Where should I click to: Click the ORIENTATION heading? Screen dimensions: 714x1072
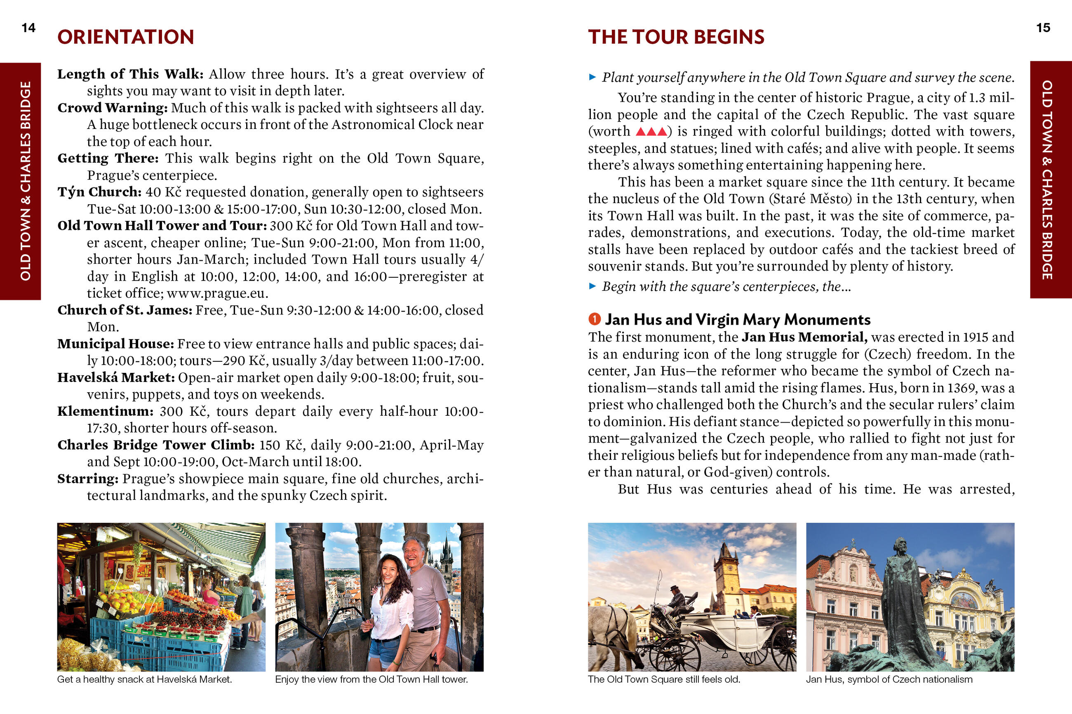(126, 37)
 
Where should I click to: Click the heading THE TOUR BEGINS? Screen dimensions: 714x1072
(676, 37)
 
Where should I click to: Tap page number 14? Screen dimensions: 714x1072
(28, 28)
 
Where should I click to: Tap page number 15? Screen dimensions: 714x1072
(1043, 28)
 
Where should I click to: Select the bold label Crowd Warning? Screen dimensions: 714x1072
(113, 108)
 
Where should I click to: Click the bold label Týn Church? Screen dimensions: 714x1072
(99, 192)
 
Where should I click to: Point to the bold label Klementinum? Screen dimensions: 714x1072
(105, 411)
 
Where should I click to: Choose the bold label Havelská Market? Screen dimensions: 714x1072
(116, 377)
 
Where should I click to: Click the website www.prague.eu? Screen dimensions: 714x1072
(217, 293)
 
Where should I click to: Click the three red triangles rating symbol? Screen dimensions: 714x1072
(651, 131)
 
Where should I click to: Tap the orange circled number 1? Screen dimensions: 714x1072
(594, 319)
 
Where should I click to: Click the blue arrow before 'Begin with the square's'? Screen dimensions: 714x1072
(592, 286)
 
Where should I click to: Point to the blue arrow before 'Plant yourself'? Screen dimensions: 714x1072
(592, 77)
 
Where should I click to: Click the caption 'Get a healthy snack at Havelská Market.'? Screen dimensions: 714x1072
(144, 679)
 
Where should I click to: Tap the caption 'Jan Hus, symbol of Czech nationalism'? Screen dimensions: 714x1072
(889, 679)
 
